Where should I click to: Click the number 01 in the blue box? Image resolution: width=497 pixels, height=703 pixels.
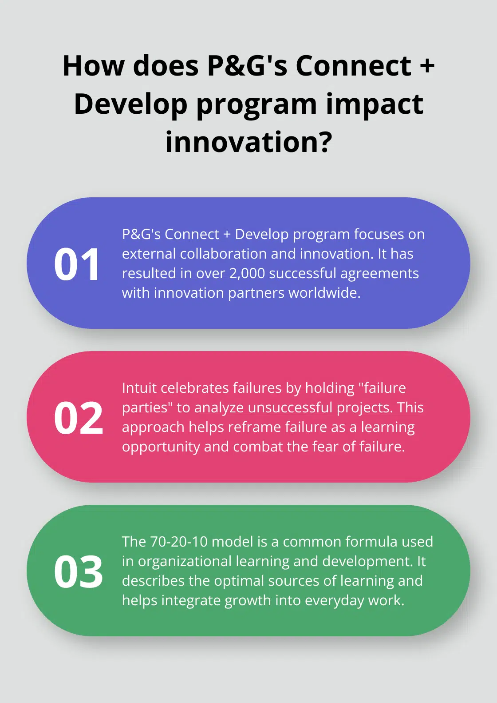(77, 264)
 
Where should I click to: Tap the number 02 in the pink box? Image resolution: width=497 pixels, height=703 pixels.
(79, 418)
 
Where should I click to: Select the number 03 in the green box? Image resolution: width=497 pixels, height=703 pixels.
(79, 572)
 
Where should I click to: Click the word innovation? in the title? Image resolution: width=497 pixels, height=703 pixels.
(248, 142)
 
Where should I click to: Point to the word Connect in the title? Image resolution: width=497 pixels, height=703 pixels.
(353, 66)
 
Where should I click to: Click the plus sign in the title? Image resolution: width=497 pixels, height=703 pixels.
(427, 66)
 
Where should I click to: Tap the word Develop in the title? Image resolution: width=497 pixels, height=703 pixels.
(130, 104)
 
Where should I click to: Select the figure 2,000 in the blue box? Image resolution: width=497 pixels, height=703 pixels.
(247, 273)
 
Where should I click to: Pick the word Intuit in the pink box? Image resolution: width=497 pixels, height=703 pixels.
(139, 388)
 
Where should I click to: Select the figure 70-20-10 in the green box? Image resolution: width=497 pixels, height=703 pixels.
(179, 542)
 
